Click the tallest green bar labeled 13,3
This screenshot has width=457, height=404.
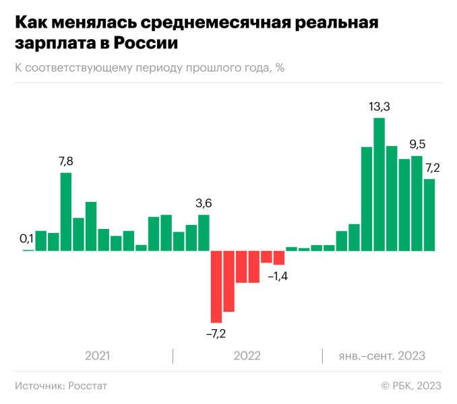point(379,184)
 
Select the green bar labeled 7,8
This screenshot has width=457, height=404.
point(66,211)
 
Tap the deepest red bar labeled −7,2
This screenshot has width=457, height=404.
point(216,286)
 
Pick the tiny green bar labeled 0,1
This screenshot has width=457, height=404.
point(28,250)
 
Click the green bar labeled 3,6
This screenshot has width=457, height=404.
point(204,232)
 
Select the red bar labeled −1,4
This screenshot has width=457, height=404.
point(279,257)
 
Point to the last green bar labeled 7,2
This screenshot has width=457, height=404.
point(429,214)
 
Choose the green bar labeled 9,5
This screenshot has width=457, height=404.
point(417,203)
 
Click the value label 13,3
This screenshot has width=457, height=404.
point(379,106)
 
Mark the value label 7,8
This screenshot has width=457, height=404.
point(66,161)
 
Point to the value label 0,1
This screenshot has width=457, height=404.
point(27,238)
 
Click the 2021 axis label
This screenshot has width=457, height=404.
point(98,356)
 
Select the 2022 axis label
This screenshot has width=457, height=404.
point(247,356)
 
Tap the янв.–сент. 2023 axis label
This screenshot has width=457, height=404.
point(382,356)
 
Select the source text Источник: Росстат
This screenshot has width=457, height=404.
point(61,385)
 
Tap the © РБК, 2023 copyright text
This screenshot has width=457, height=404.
point(410,385)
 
